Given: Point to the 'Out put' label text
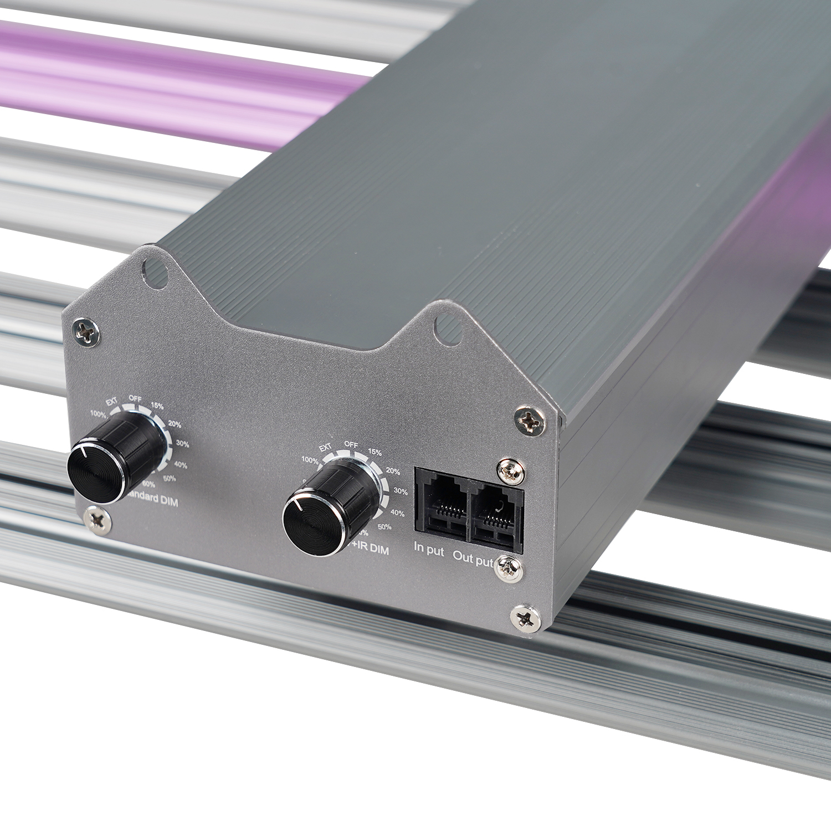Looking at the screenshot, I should pos(473,558).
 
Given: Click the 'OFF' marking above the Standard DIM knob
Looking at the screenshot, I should pos(135,398).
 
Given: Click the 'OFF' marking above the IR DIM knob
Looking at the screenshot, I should pos(351,444).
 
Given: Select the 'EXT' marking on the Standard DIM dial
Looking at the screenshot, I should pos(112,403).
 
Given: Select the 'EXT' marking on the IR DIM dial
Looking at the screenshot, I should pos(325,448).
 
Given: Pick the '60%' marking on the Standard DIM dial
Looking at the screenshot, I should pos(148,485).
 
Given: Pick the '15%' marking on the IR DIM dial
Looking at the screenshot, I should pos(375,452).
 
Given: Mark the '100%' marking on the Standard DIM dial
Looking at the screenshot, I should pos(98,414).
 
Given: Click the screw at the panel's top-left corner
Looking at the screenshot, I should pos(87,332).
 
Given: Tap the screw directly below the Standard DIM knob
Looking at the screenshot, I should pos(97,519).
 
